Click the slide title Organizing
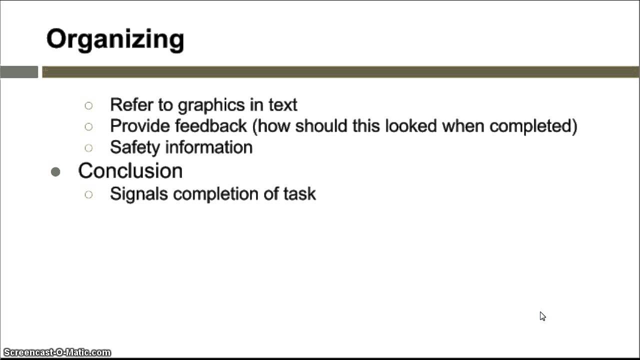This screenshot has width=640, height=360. [115, 39]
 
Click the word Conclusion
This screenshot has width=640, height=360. [130, 171]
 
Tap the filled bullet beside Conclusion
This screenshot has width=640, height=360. [55, 172]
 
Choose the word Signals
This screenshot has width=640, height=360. [139, 194]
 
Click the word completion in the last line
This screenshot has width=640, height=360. [215, 194]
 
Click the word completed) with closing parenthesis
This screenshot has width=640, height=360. [533, 126]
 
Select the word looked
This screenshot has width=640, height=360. [398, 126]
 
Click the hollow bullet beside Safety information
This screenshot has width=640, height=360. [88, 148]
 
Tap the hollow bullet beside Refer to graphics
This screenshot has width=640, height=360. [88, 105]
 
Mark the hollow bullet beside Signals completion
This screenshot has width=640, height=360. [88, 194]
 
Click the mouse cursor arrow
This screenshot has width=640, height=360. [542, 315]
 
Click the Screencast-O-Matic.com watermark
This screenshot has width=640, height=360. [56, 352]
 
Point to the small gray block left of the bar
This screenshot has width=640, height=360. [19, 72]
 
